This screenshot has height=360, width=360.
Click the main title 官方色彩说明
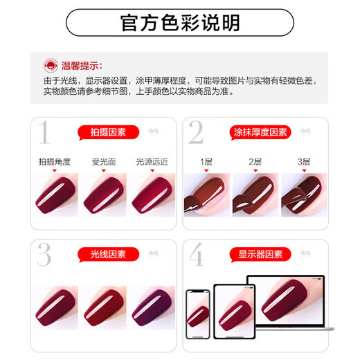180,23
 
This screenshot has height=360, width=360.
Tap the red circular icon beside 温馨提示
51,66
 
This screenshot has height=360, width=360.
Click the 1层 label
206,162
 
